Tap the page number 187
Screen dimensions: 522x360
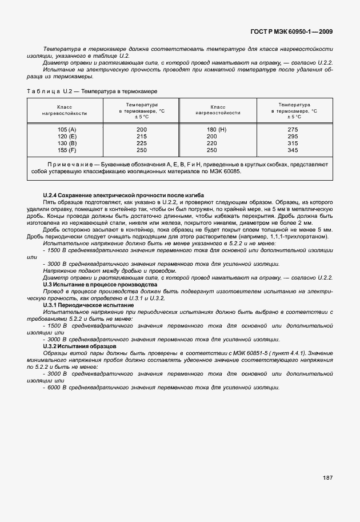(x=327, y=478)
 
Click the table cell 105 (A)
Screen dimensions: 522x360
(x=67, y=130)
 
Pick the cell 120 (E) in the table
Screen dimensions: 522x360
(x=67, y=137)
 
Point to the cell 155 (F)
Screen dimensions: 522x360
(x=67, y=150)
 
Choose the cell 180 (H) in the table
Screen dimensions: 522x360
(x=217, y=130)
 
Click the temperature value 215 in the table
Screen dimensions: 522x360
(x=142, y=137)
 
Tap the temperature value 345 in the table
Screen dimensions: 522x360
(x=293, y=150)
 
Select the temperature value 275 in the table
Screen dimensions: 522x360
(x=293, y=130)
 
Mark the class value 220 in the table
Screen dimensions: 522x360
(x=212, y=144)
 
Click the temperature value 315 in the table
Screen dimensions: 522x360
(x=293, y=144)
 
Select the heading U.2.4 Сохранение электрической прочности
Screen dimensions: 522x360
(x=123, y=196)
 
